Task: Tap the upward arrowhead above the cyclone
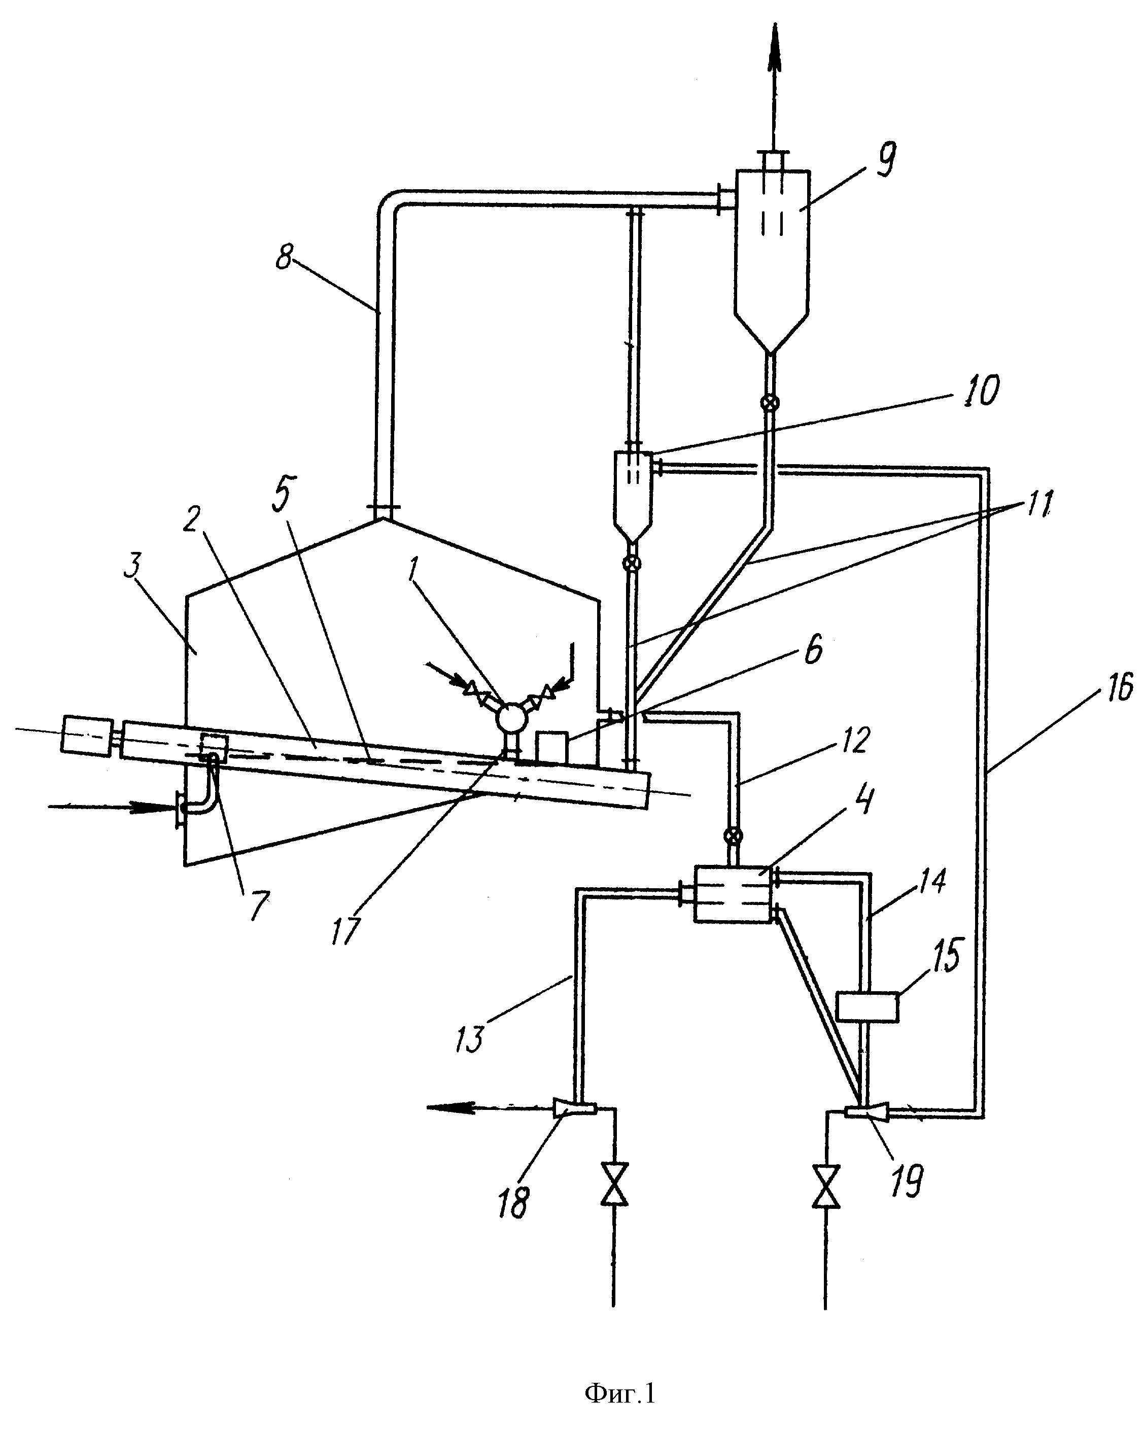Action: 773,48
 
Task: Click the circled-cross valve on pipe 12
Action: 732,835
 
